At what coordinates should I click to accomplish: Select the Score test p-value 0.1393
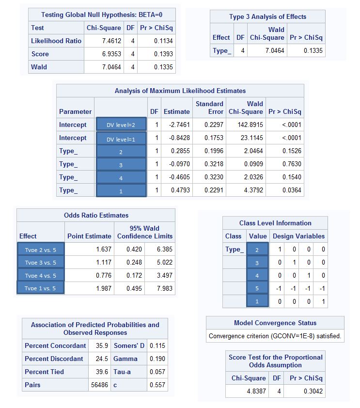(x=163, y=54)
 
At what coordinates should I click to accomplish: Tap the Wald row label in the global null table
(x=39, y=67)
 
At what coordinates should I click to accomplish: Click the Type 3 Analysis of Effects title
(x=267, y=17)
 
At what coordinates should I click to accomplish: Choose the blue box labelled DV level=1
(x=121, y=139)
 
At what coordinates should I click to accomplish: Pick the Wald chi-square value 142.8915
(x=251, y=125)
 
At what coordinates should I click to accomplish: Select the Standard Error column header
(x=209, y=108)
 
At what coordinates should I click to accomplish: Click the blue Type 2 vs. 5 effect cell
(x=40, y=250)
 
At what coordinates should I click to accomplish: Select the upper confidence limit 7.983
(x=164, y=289)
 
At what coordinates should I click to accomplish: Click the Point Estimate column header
(x=89, y=236)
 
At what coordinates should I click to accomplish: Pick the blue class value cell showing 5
(x=257, y=289)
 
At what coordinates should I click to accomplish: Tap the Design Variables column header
(x=298, y=236)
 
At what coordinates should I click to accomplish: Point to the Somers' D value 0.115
(x=157, y=346)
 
